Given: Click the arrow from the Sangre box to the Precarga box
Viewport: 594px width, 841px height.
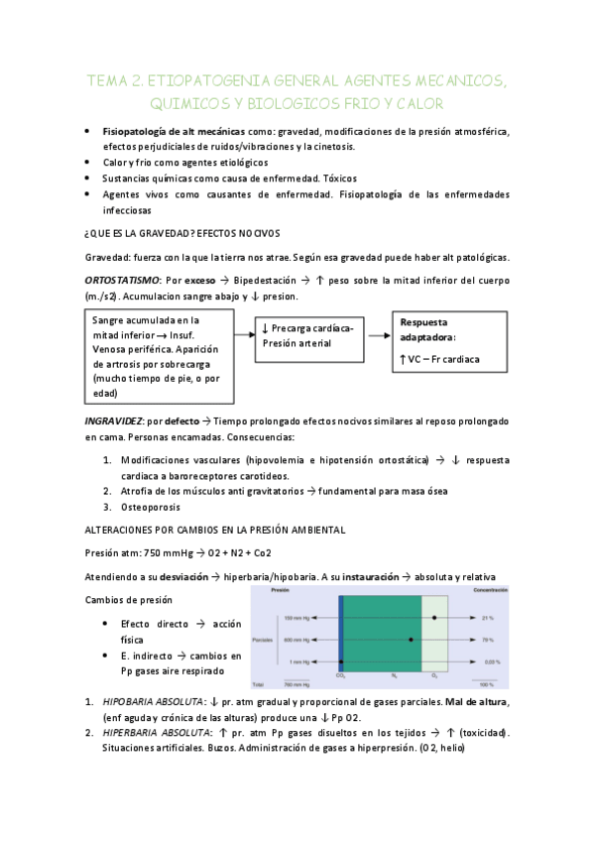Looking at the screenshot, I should point(245,337).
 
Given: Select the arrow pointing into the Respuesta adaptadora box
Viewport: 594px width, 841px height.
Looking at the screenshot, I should point(378,337).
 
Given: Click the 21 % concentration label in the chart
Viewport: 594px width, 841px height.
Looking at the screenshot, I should point(487,618).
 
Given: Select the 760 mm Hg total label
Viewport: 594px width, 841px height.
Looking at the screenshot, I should point(297,684).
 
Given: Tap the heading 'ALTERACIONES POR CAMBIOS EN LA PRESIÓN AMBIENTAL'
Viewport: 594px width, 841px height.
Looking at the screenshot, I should point(214,530).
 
